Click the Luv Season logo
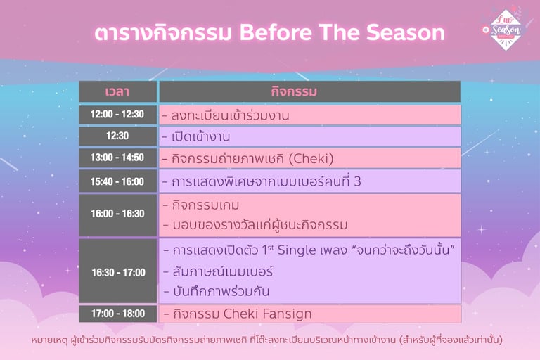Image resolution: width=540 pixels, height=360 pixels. (506, 30)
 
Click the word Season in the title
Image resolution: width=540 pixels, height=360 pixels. (405, 32)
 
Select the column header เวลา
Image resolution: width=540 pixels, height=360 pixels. (117, 91)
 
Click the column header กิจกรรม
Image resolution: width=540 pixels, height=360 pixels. (294, 91)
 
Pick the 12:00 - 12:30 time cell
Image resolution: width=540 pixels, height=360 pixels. (117, 115)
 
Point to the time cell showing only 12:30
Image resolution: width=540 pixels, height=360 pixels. (117, 136)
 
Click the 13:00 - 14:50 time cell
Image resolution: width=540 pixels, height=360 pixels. (117, 157)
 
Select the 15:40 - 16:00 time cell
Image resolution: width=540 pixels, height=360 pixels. (117, 181)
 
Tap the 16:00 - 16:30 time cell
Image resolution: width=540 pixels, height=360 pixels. (117, 214)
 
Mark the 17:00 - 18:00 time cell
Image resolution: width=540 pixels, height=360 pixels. (117, 314)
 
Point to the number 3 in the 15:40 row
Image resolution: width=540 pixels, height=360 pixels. (357, 181)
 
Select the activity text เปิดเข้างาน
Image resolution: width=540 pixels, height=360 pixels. (201, 136)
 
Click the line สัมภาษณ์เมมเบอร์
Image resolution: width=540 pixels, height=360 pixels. (223, 271)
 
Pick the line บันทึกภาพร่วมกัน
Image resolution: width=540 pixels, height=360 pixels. (221, 291)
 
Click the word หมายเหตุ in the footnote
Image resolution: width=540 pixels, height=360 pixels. (50, 340)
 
